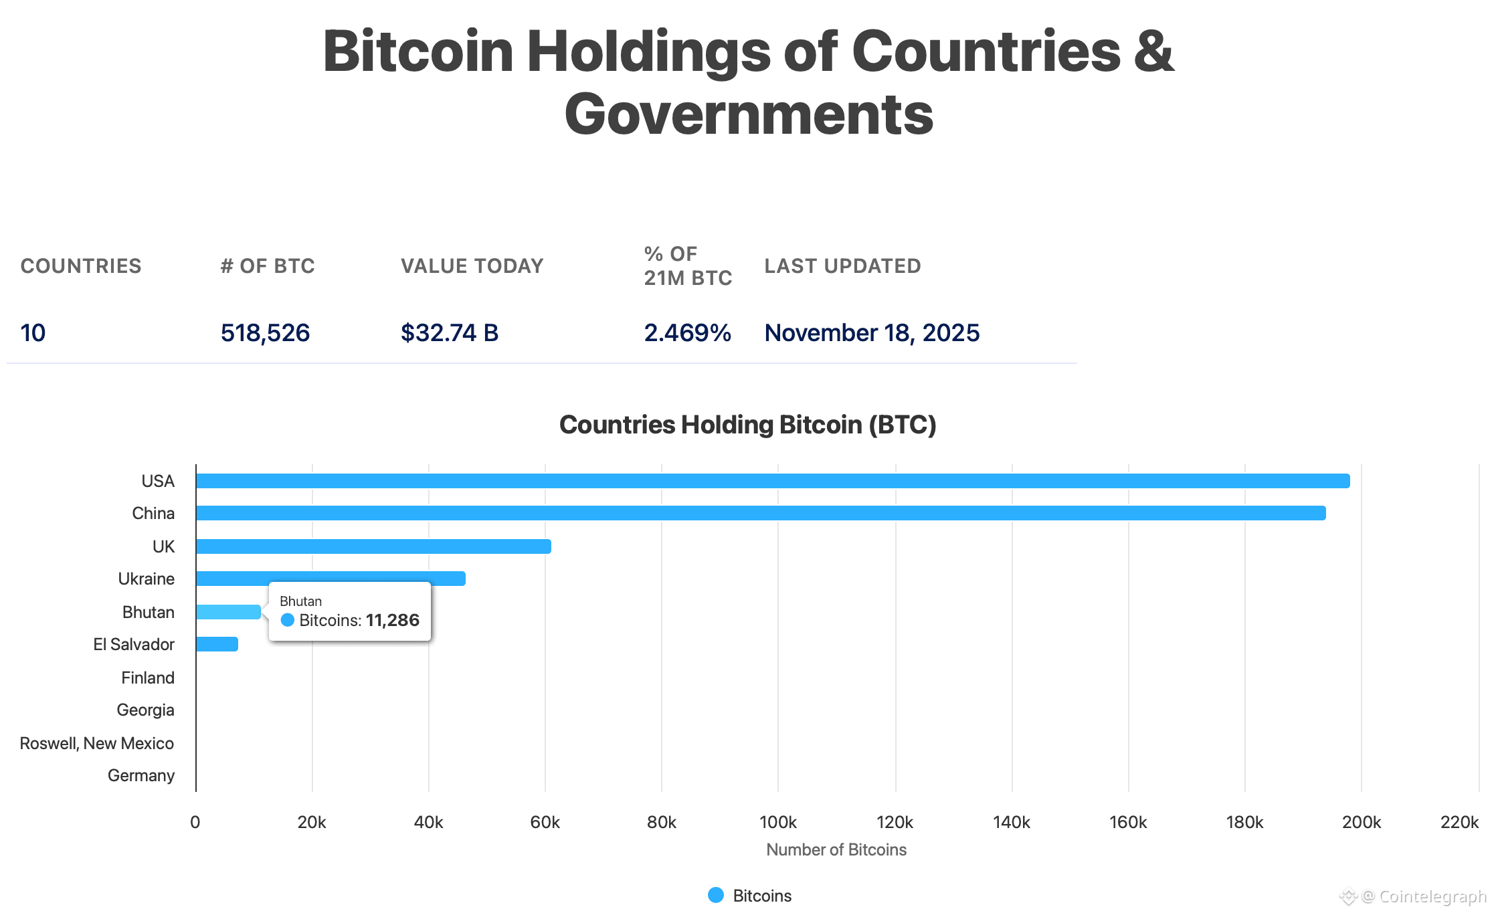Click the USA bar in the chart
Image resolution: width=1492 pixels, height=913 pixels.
tap(773, 481)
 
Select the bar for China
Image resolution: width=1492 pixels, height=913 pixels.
tap(761, 513)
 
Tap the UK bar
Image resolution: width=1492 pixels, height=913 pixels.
tap(373, 546)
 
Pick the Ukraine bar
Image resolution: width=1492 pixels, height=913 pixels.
tap(331, 579)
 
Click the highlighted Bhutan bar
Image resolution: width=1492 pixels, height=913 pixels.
tap(228, 612)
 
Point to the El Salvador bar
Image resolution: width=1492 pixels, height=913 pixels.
tap(217, 644)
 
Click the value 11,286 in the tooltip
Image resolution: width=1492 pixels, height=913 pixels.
tap(393, 621)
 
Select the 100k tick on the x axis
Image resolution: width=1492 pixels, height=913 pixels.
tap(778, 822)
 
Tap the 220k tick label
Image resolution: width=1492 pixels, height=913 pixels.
tap(1459, 822)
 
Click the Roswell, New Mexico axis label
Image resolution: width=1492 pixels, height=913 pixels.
tap(97, 743)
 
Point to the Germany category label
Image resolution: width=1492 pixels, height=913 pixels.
tap(141, 775)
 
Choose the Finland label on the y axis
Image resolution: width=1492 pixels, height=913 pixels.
tap(148, 678)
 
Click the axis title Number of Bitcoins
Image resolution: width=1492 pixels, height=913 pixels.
tap(836, 849)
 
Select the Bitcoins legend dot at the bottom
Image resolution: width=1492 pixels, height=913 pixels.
tap(716, 895)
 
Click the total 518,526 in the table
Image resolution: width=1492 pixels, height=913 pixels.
tap(265, 332)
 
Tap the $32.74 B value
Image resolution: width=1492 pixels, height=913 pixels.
tap(450, 332)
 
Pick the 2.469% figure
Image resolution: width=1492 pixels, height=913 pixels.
tap(687, 332)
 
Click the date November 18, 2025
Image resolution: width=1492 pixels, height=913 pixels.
tap(872, 332)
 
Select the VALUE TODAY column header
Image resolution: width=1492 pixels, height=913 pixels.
tap(472, 266)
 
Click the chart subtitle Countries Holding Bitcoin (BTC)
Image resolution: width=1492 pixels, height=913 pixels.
tap(747, 425)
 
